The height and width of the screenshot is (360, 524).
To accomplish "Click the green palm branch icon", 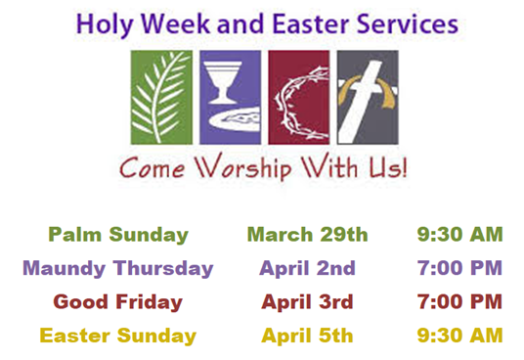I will [160, 96].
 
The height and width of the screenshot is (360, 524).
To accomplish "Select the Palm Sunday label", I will [118, 235].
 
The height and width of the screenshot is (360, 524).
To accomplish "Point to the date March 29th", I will [307, 235].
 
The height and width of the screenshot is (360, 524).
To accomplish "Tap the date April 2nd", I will [307, 268].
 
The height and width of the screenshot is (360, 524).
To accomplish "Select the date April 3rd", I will [307, 301].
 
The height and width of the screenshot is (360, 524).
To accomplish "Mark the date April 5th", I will [307, 336].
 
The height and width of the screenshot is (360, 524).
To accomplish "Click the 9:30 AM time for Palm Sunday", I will [459, 235].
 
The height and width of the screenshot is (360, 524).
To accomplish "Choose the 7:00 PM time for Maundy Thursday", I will [459, 268].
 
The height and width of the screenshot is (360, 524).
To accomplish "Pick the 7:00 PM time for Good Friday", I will [459, 301].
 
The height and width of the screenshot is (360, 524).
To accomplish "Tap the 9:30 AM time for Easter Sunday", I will [459, 336].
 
